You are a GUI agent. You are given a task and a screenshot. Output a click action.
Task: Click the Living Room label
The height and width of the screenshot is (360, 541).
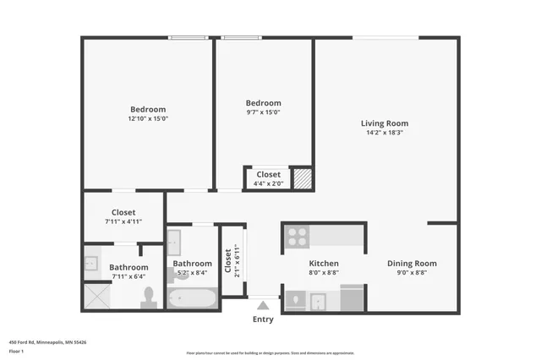(385, 123)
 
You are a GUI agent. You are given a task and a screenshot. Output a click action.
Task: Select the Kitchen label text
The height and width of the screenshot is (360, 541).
(323, 263)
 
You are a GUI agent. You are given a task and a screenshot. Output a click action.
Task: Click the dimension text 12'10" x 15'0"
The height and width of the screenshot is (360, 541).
(148, 119)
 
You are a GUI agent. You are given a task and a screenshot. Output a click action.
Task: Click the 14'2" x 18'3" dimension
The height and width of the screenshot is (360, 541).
(385, 133)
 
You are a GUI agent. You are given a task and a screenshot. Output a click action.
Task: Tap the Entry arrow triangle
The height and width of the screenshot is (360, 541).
(263, 305)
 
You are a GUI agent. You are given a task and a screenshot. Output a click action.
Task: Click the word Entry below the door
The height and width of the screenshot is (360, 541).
(263, 319)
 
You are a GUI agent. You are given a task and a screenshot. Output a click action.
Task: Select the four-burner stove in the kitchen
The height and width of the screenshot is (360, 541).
(296, 236)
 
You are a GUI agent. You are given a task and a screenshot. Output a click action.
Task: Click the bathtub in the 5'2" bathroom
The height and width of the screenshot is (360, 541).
(192, 298)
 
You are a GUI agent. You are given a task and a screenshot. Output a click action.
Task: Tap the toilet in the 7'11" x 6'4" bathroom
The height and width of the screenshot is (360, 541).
(149, 296)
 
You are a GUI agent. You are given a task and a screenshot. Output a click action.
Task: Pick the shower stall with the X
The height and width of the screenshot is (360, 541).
(97, 296)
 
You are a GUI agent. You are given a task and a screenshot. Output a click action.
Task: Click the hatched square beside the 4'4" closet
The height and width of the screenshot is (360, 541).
(302, 179)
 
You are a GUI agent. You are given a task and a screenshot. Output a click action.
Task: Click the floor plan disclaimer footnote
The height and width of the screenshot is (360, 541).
(270, 353)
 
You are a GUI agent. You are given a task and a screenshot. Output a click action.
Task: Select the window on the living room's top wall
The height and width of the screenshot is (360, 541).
(385, 37)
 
